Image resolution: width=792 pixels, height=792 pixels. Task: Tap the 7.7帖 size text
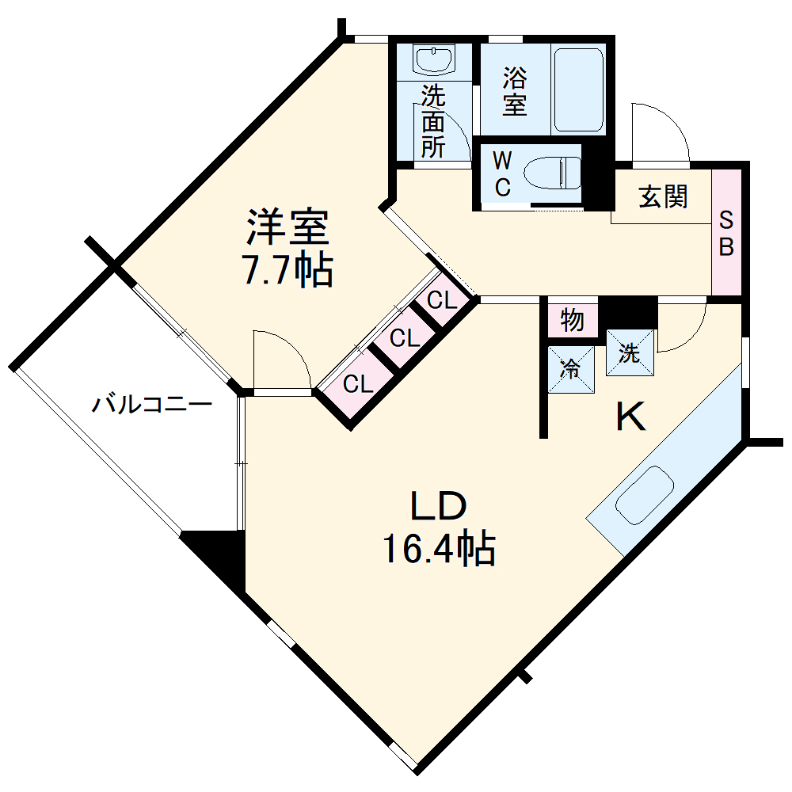[287, 271]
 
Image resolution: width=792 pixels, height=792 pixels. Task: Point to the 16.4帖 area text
[440, 548]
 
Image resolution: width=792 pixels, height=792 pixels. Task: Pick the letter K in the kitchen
[631, 417]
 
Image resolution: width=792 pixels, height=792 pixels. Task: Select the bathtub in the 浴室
[579, 89]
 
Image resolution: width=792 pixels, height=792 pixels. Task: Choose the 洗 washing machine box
[630, 353]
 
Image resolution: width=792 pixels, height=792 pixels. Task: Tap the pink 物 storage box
[572, 320]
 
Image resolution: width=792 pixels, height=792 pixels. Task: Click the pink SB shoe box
[725, 232]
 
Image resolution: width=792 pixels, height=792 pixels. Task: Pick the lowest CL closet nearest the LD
[358, 385]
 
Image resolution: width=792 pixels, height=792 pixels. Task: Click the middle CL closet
[404, 339]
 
